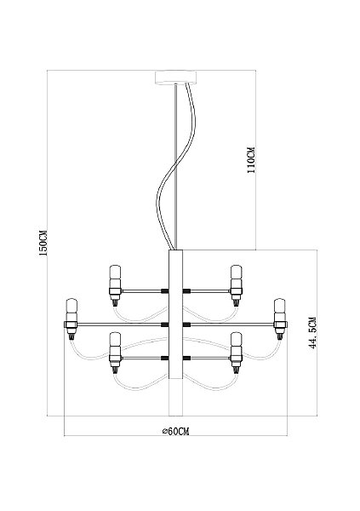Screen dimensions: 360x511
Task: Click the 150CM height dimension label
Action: (x=43, y=243)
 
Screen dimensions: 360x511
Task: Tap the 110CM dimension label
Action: (x=251, y=160)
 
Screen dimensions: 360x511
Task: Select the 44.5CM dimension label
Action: (x=313, y=332)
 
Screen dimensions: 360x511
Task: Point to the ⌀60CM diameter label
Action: (x=176, y=431)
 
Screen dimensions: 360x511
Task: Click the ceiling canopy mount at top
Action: (x=176, y=78)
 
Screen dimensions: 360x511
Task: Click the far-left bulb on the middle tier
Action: (x=71, y=310)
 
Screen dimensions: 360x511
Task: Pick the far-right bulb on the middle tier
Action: (x=279, y=310)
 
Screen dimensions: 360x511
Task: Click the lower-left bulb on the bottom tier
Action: (x=115, y=344)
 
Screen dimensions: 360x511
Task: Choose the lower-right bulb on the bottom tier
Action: (x=236, y=344)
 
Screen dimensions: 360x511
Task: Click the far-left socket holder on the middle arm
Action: (x=71, y=324)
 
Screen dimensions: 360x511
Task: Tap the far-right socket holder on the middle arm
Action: (x=280, y=324)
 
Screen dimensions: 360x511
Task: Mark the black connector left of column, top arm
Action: (x=165, y=290)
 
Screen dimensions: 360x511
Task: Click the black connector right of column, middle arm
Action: (x=186, y=324)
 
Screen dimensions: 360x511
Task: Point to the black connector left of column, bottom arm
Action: (x=165, y=359)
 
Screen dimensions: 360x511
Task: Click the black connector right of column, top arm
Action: (x=186, y=290)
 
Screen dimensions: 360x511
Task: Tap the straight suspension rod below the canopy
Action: (x=175, y=167)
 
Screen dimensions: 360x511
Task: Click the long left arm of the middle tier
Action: (x=119, y=324)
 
